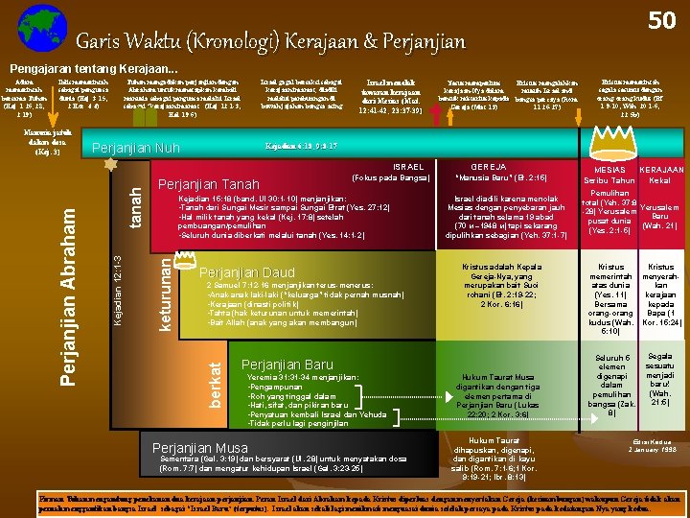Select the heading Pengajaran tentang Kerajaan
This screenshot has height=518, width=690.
click(x=93, y=69)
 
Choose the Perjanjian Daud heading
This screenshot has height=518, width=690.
click(x=246, y=271)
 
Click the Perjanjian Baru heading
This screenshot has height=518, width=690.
click(x=287, y=365)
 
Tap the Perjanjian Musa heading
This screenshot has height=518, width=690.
click(x=200, y=447)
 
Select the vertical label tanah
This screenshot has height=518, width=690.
click(x=133, y=207)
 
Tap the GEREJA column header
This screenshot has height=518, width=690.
click(x=489, y=165)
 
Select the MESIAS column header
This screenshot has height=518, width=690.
click(x=603, y=169)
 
